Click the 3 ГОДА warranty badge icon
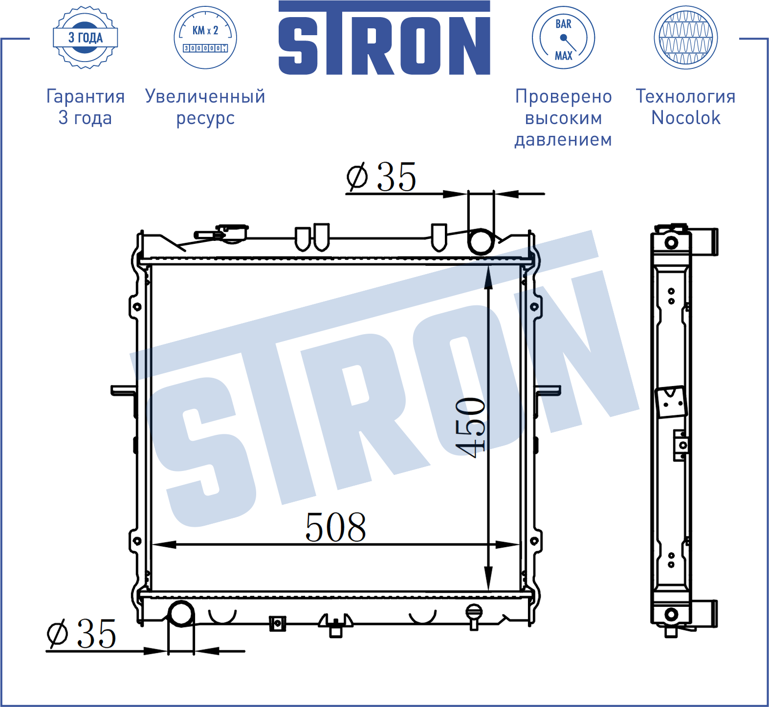(85, 38)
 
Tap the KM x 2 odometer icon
(205, 38)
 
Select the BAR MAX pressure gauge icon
(563, 38)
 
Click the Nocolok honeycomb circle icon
(685, 38)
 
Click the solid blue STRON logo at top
(384, 38)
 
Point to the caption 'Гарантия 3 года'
(86, 107)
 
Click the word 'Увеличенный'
(205, 96)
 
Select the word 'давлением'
(563, 140)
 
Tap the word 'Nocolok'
(686, 118)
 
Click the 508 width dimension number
(336, 528)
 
